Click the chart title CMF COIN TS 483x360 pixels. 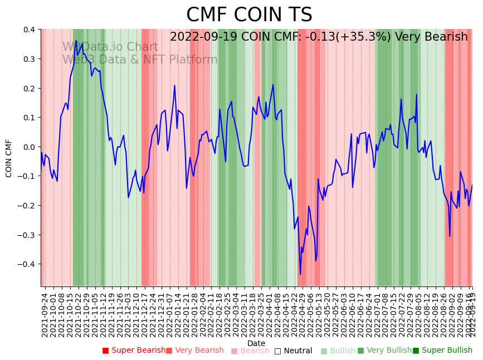[249, 15]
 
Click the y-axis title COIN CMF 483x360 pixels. [9, 158]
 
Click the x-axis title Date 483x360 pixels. [256, 343]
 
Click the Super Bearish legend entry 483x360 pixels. [134, 351]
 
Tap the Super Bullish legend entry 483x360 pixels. [443, 351]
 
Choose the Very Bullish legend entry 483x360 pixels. [385, 351]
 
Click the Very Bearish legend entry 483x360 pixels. [195, 351]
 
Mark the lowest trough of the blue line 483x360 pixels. [300, 274]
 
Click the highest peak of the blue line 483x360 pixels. [76, 40]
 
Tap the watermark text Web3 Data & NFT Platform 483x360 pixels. [140, 60]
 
